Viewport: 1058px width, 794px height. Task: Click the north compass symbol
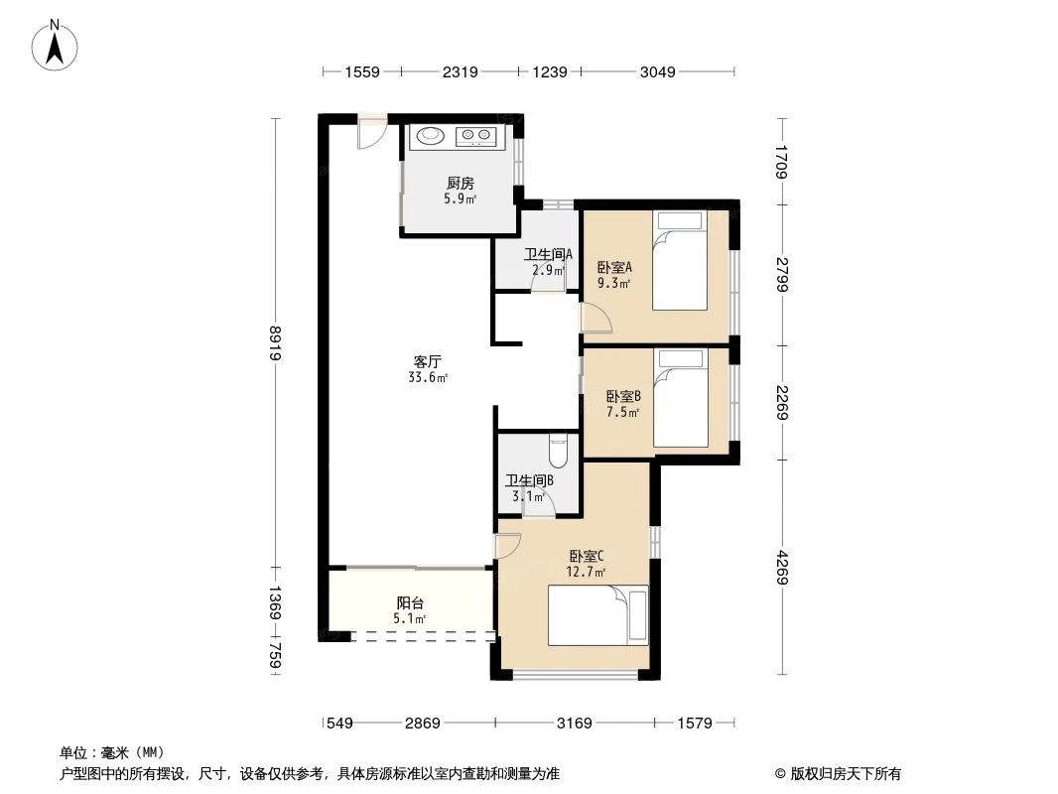(56, 45)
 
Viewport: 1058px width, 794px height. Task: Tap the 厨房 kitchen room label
(460, 183)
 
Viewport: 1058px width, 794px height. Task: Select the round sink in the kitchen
(431, 136)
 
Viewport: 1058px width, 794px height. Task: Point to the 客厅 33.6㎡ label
(428, 368)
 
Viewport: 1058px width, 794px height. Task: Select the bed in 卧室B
(681, 397)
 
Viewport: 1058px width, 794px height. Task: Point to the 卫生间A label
(548, 254)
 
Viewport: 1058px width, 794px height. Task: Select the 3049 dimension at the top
(657, 71)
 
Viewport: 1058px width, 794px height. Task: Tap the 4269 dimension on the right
(782, 566)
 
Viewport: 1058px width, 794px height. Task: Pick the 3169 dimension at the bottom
(574, 724)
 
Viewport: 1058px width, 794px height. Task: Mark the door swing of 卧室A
(595, 317)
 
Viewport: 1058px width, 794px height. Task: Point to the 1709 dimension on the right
(782, 161)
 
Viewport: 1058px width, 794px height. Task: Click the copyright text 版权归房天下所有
(838, 774)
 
